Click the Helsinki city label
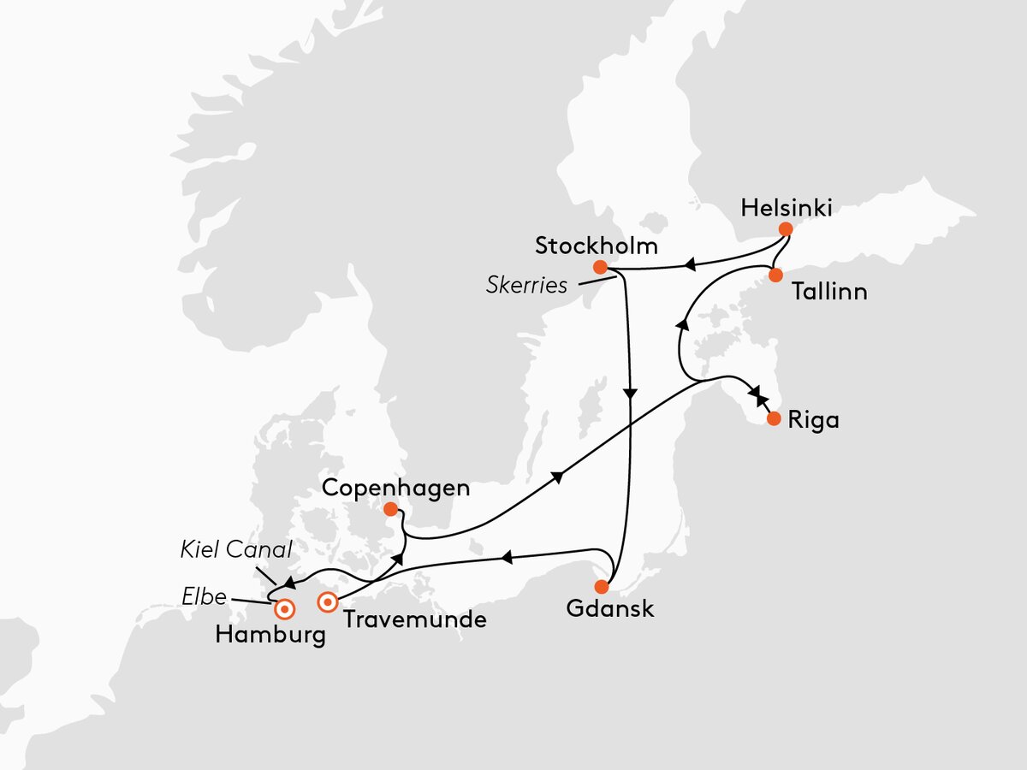click(787, 208)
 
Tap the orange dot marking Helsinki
click(786, 229)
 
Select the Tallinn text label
click(829, 292)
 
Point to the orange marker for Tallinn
click(775, 275)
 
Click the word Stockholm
click(597, 246)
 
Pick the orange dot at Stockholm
click(601, 266)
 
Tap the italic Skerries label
click(526, 285)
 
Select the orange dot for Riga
click(774, 419)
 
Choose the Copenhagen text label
click(396, 489)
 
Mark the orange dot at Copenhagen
click(391, 510)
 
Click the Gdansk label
click(609, 609)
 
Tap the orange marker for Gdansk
click(602, 587)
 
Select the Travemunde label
click(414, 619)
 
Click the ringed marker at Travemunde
click(327, 602)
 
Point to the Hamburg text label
click(270, 636)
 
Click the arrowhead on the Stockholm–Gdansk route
click(631, 394)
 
